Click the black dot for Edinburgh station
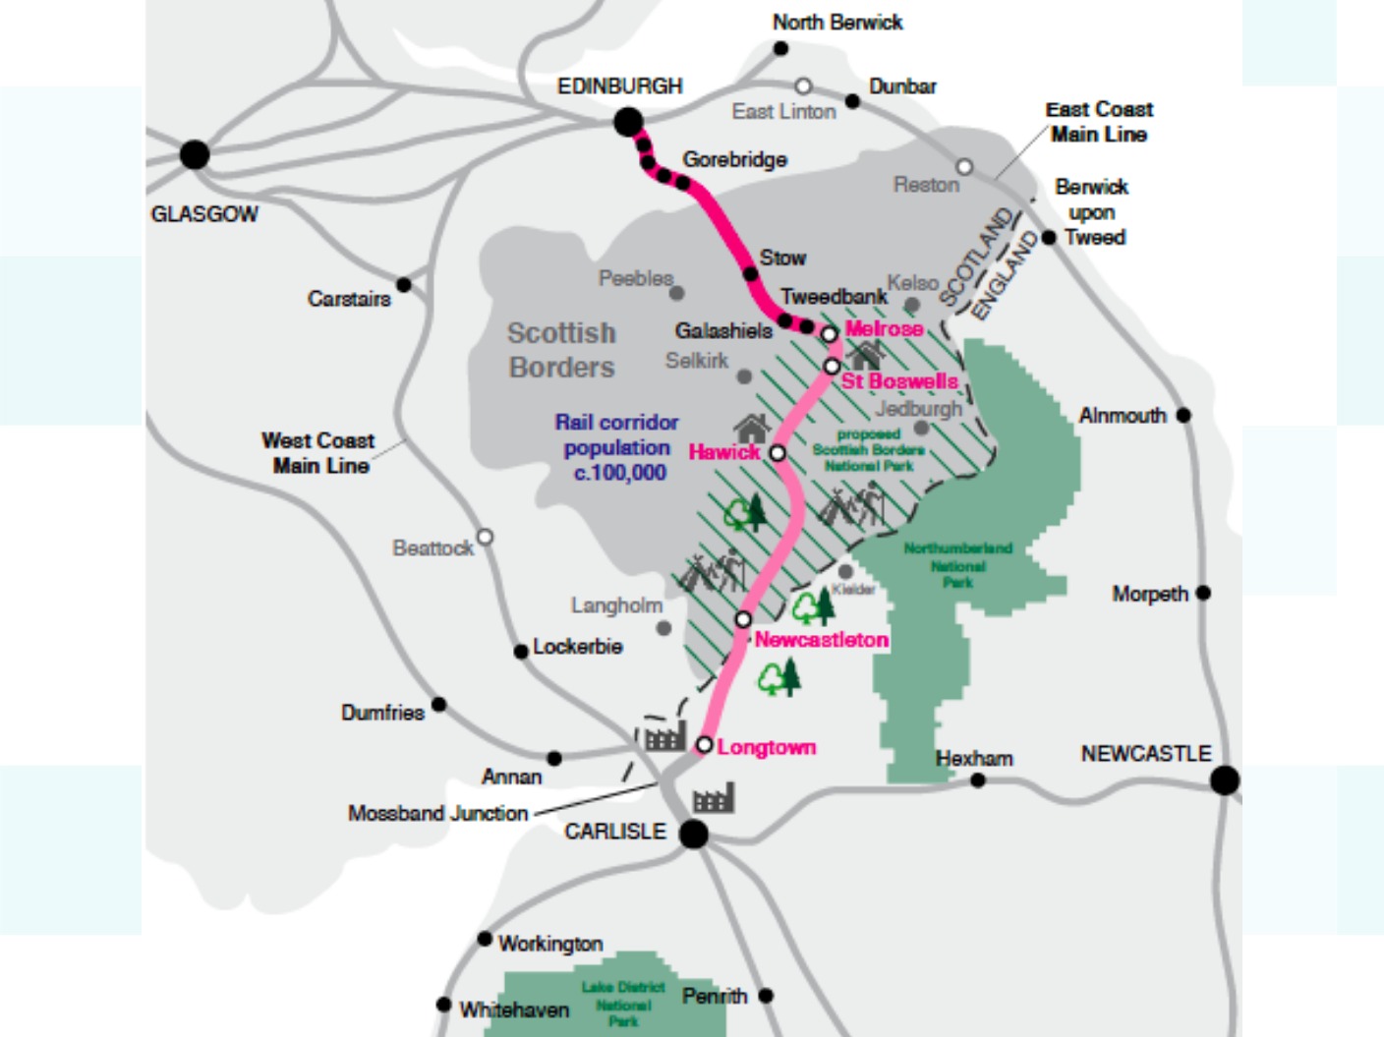[x=628, y=123]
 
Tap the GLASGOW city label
[x=204, y=214]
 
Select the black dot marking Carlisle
[x=694, y=835]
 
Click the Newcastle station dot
[x=1225, y=780]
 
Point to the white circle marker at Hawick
[x=778, y=453]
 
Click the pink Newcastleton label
[x=821, y=640]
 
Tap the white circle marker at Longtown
[x=704, y=745]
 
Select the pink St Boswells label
[x=899, y=381]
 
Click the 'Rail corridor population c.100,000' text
[x=617, y=447]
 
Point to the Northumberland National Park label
[x=957, y=565]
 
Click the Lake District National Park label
[x=623, y=1004]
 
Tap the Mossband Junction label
[x=437, y=814]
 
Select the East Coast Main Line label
[x=1099, y=122]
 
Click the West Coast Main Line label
[x=318, y=453]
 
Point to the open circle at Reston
[x=964, y=167]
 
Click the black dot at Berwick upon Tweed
[x=1049, y=238]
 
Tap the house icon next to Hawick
[x=751, y=429]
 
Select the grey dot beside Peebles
[x=676, y=293]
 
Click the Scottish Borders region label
[x=561, y=350]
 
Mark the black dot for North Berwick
[x=780, y=49]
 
